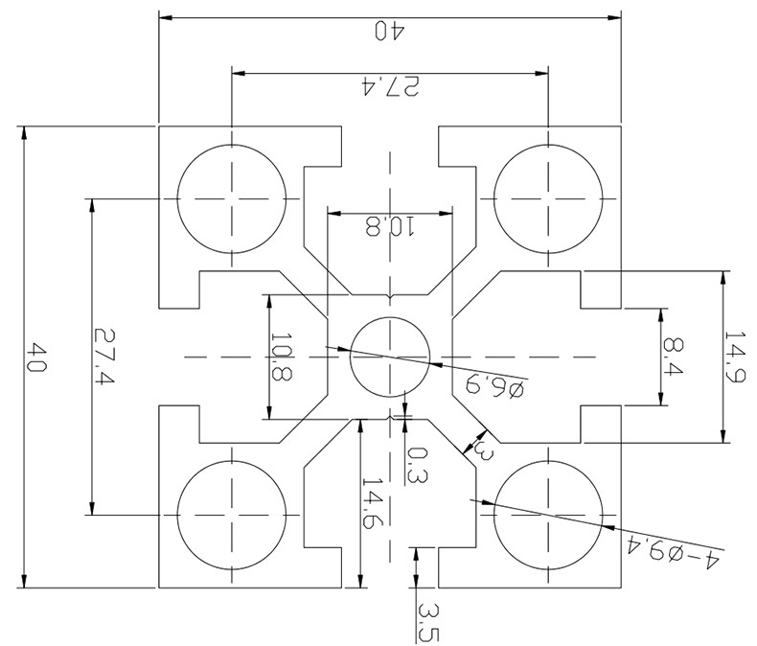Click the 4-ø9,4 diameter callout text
click(x=674, y=551)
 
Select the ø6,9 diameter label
click(x=494, y=385)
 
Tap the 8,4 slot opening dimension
click(x=674, y=358)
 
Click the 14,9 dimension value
click(x=735, y=357)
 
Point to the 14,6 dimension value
click(x=373, y=503)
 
